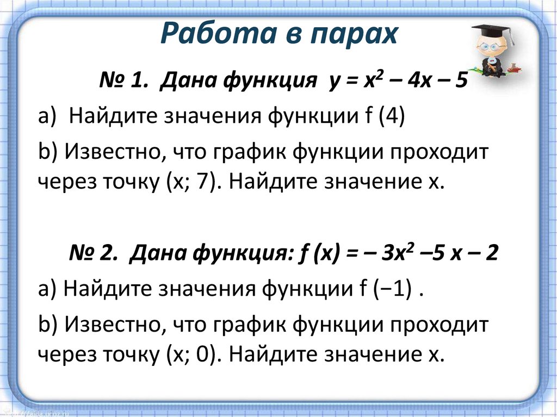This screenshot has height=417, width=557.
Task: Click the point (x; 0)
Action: [x=191, y=354]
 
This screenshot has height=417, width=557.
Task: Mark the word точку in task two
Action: [x=130, y=354]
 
